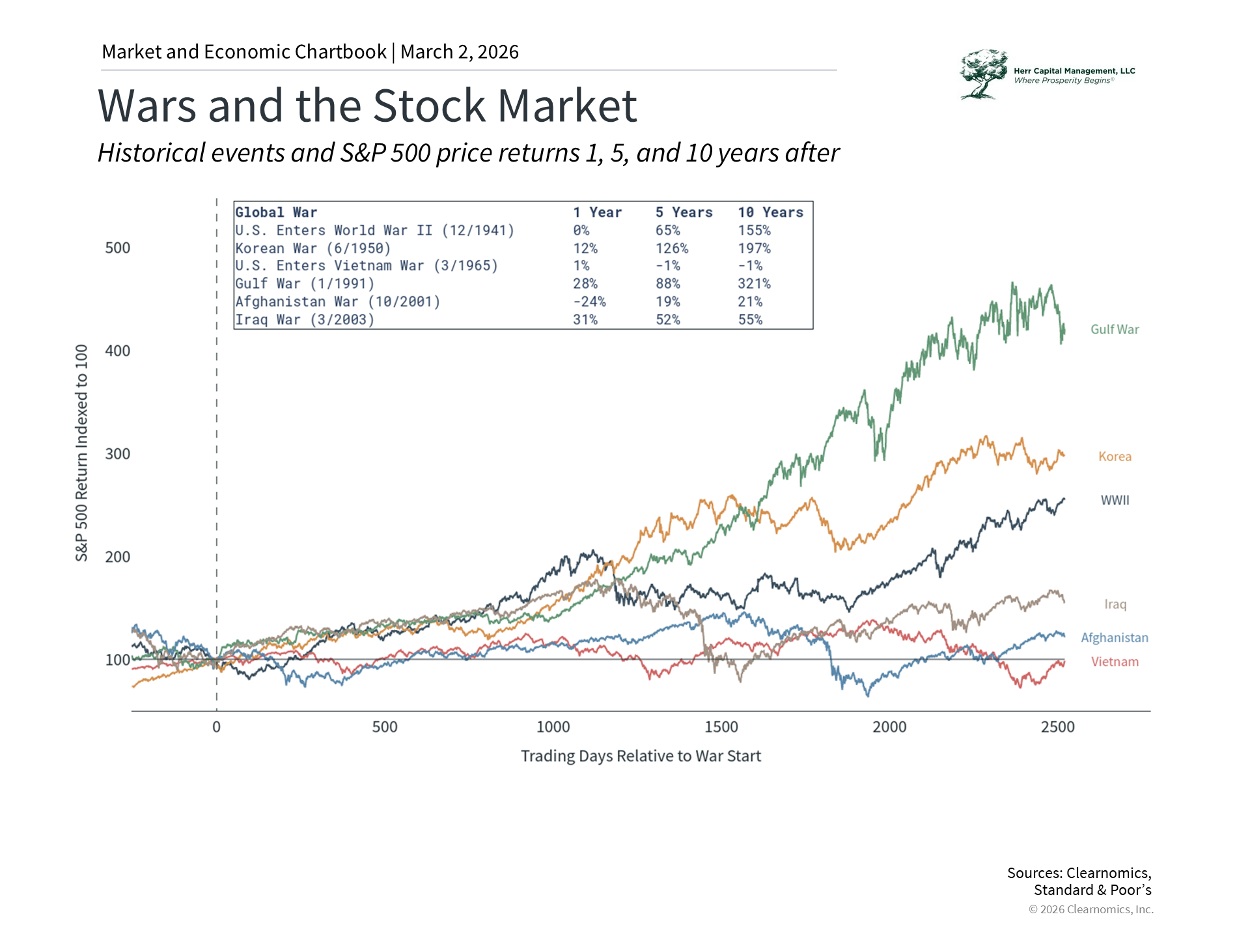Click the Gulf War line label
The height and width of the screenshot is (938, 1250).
click(x=1115, y=330)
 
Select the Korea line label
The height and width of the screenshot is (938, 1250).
click(x=1115, y=457)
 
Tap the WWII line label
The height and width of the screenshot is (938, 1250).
click(x=1115, y=500)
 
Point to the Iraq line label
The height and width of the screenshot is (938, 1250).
click(x=1115, y=604)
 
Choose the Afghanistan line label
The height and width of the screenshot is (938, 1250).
click(x=1115, y=638)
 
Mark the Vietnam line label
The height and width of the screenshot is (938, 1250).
click(x=1115, y=662)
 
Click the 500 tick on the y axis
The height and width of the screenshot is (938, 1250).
click(x=118, y=248)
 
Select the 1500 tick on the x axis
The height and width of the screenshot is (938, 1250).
click(x=721, y=727)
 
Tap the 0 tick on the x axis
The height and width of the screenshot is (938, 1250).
click(x=216, y=727)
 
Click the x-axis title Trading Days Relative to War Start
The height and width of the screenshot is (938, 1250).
click(x=641, y=756)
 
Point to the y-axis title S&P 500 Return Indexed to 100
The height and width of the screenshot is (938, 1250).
click(x=81, y=453)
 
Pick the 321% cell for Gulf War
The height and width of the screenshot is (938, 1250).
click(x=754, y=284)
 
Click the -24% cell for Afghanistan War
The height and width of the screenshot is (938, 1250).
click(x=589, y=302)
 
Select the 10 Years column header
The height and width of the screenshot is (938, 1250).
click(x=770, y=212)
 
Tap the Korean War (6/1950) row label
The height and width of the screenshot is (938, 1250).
click(x=313, y=249)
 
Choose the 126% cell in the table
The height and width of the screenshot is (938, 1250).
click(x=671, y=249)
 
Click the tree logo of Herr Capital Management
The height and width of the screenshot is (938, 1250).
click(x=983, y=74)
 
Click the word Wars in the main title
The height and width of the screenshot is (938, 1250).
click(x=146, y=106)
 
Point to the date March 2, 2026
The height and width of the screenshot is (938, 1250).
click(x=460, y=52)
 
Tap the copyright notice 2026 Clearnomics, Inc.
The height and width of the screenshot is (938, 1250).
click(x=1091, y=909)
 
